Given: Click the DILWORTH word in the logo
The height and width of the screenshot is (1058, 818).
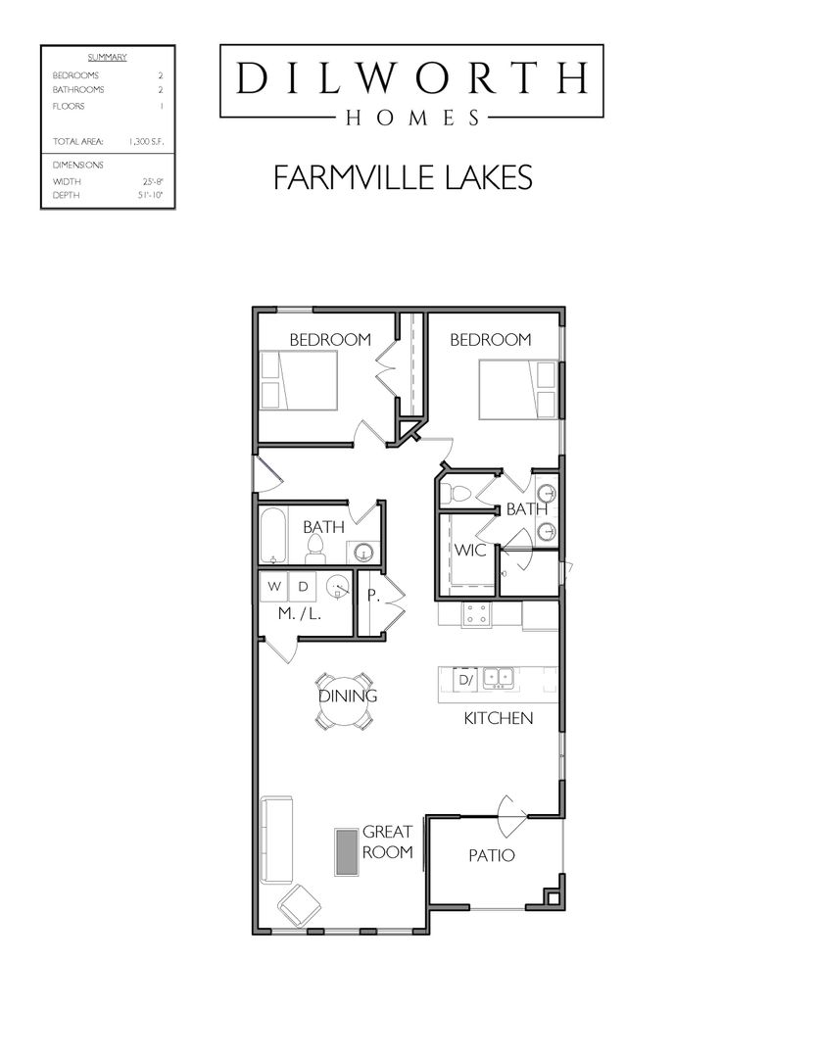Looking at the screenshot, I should tap(410, 77).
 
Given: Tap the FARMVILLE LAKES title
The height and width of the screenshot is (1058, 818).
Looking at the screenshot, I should tap(403, 177).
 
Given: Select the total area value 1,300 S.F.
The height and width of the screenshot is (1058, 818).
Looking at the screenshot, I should tap(146, 142).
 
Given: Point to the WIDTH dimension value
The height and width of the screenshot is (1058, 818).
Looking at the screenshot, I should tap(151, 182).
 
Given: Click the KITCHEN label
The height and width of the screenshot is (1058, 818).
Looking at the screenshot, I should tap(498, 718).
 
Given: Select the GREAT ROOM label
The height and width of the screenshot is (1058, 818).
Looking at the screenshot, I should tap(387, 842).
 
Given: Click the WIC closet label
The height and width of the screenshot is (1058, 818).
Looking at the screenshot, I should tap(469, 551).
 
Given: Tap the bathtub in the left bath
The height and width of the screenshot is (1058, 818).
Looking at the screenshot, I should tap(272, 537).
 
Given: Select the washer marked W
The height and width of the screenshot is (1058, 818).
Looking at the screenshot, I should tap(274, 587).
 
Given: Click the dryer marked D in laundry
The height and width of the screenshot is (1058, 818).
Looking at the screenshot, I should tap(304, 587).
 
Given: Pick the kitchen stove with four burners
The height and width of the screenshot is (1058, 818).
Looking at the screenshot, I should tap(477, 614).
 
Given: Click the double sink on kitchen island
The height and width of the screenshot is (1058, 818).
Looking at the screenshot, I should tap(501, 676).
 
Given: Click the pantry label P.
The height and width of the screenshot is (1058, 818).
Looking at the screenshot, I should tap(372, 595).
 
